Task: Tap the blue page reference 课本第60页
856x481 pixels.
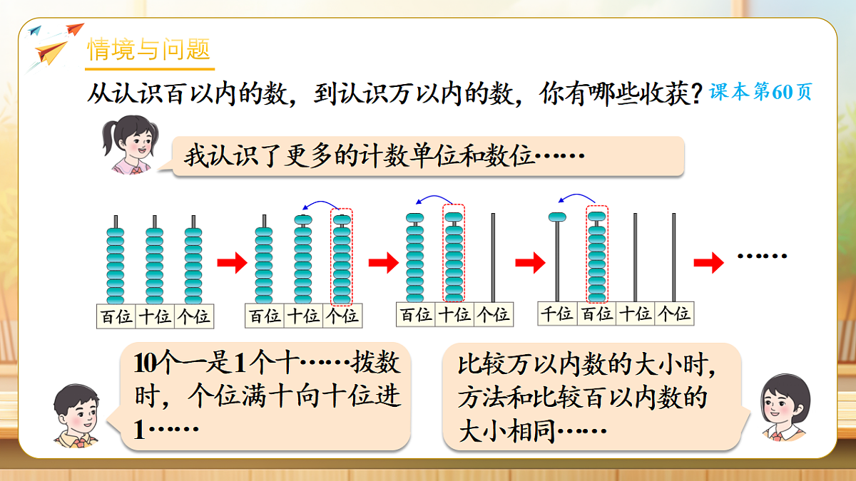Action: (x=760, y=93)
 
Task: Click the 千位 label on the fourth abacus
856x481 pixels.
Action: (x=556, y=313)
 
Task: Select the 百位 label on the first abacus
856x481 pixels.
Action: (x=116, y=316)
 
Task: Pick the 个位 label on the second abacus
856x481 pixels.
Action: (x=342, y=315)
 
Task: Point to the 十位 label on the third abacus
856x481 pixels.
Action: (x=454, y=314)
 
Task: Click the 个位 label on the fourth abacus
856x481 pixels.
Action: (x=673, y=313)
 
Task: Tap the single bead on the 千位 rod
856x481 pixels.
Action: (x=557, y=217)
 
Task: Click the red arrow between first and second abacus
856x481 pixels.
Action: (x=230, y=262)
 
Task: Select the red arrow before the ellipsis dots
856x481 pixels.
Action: (x=708, y=262)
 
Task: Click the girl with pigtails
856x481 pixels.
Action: (x=130, y=145)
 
